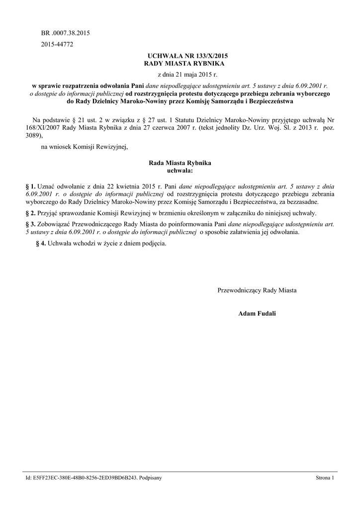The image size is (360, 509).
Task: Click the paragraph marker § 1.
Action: coord(30,186)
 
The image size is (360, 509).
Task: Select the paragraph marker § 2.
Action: coord(30,213)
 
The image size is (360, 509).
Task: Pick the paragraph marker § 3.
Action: coord(30,224)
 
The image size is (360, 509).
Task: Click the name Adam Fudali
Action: coord(257,314)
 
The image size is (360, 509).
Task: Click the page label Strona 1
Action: coord(325,478)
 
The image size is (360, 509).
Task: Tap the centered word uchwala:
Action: coord(180,170)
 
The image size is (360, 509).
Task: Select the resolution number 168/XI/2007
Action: coord(44,128)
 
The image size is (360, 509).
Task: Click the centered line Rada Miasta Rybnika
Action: coord(180,163)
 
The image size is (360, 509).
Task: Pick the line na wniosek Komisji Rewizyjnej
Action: coord(85,146)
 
